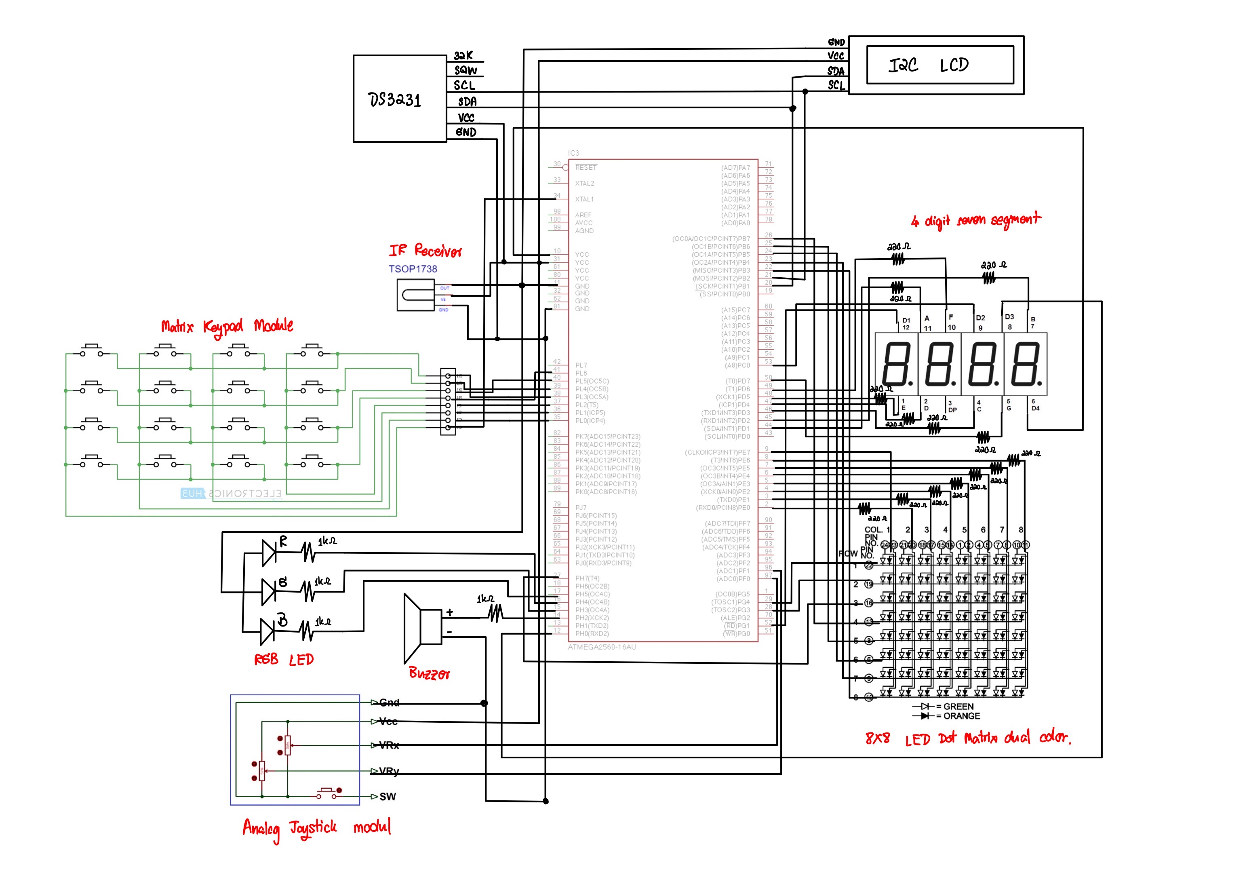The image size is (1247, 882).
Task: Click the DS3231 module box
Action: [x=399, y=99]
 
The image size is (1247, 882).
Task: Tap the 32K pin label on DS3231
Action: [x=463, y=55]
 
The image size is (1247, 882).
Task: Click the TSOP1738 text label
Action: [x=412, y=269]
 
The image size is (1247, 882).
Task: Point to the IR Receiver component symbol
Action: [x=415, y=295]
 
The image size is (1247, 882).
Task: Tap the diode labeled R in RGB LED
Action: [x=269, y=553]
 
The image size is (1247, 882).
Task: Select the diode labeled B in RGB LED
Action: [x=268, y=631]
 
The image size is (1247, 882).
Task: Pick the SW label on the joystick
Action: [x=387, y=797]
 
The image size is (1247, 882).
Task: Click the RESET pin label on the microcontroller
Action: [x=586, y=167]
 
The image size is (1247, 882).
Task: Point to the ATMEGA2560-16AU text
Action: [x=602, y=647]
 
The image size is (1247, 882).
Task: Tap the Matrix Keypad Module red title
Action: [x=227, y=326]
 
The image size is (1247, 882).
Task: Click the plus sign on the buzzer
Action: [x=450, y=612]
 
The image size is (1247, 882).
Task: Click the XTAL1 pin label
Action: [x=584, y=199]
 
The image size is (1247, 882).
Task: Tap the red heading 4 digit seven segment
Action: [x=976, y=220]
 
